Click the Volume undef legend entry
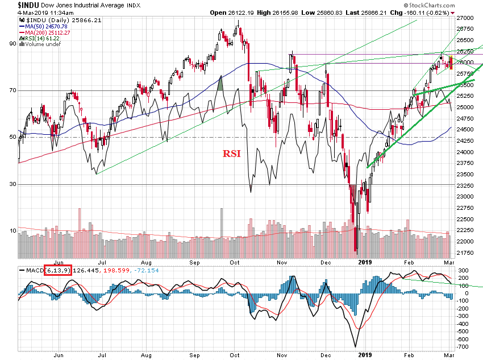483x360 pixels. point(40,45)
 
